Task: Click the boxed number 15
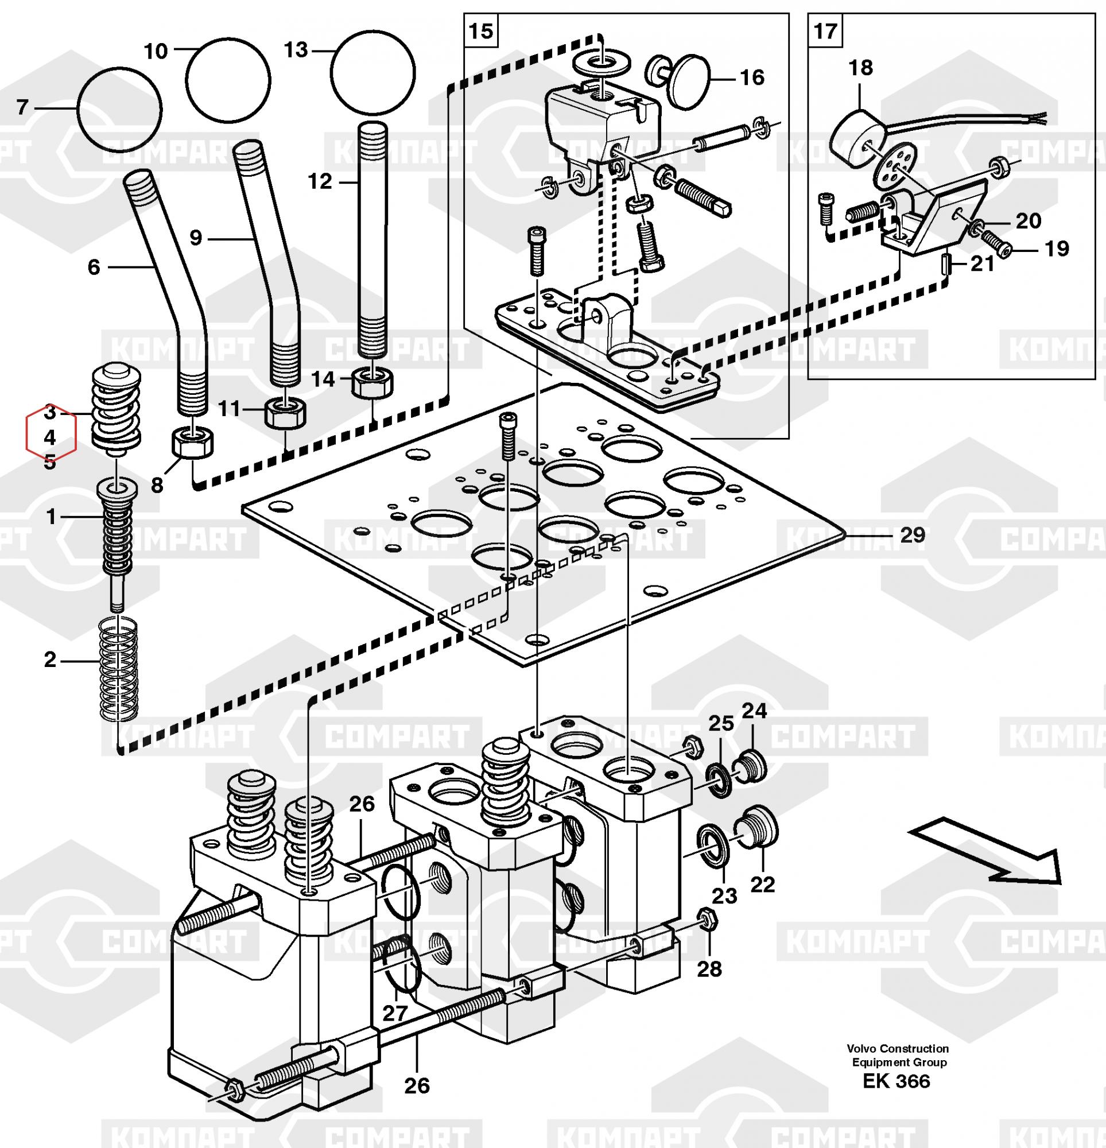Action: pos(481,30)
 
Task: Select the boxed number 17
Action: pos(825,30)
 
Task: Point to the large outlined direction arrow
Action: pos(988,861)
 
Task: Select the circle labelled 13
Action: pos(372,72)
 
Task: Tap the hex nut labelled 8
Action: pos(193,441)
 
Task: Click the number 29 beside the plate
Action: pos(912,535)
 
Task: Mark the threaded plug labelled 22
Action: pos(756,827)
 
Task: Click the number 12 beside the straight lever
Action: pos(320,181)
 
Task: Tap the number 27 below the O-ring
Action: pos(394,1013)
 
